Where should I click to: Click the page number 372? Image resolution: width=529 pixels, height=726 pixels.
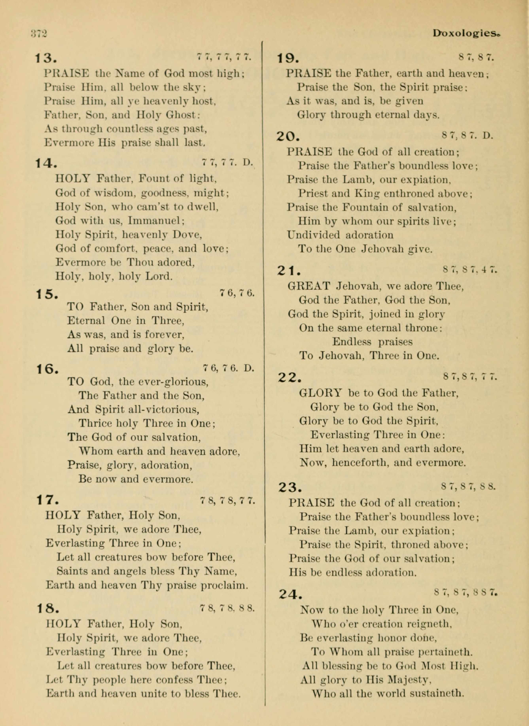coord(39,33)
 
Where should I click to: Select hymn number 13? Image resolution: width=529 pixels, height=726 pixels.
coord(46,58)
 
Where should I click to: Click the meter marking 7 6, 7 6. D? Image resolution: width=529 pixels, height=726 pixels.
coord(229,368)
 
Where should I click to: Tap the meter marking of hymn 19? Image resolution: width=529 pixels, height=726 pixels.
coord(476,58)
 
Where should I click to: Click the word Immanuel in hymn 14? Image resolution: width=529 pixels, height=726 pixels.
coord(156,221)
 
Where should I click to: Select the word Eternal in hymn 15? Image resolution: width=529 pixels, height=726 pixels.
coord(86,320)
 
